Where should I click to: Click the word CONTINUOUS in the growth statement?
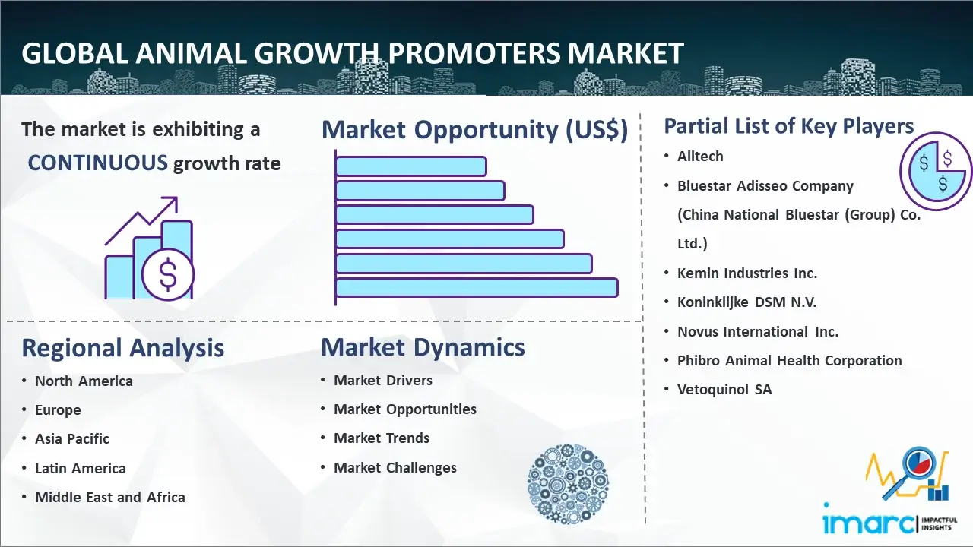pyautogui.click(x=98, y=163)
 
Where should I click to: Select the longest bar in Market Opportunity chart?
pyautogui.click(x=476, y=287)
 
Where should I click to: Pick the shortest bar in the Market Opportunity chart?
pyautogui.click(x=410, y=166)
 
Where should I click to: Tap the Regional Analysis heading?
pyautogui.click(x=122, y=348)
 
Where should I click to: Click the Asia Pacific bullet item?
pyautogui.click(x=72, y=438)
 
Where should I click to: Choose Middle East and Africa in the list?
pyautogui.click(x=110, y=497)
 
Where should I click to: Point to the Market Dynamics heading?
pyautogui.click(x=423, y=347)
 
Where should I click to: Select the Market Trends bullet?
pyautogui.click(x=382, y=438)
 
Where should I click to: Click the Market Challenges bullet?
pyautogui.click(x=395, y=467)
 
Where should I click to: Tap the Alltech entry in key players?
pyautogui.click(x=700, y=156)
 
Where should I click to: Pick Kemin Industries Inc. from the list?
pyautogui.click(x=747, y=273)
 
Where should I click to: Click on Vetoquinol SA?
pyautogui.click(x=724, y=389)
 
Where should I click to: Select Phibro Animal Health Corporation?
pyautogui.click(x=789, y=360)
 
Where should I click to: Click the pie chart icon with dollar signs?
pyautogui.click(x=935, y=171)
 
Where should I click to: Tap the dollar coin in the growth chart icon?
pyautogui.click(x=168, y=276)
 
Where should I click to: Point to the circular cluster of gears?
pyautogui.click(x=567, y=483)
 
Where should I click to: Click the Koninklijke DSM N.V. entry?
pyautogui.click(x=746, y=302)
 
